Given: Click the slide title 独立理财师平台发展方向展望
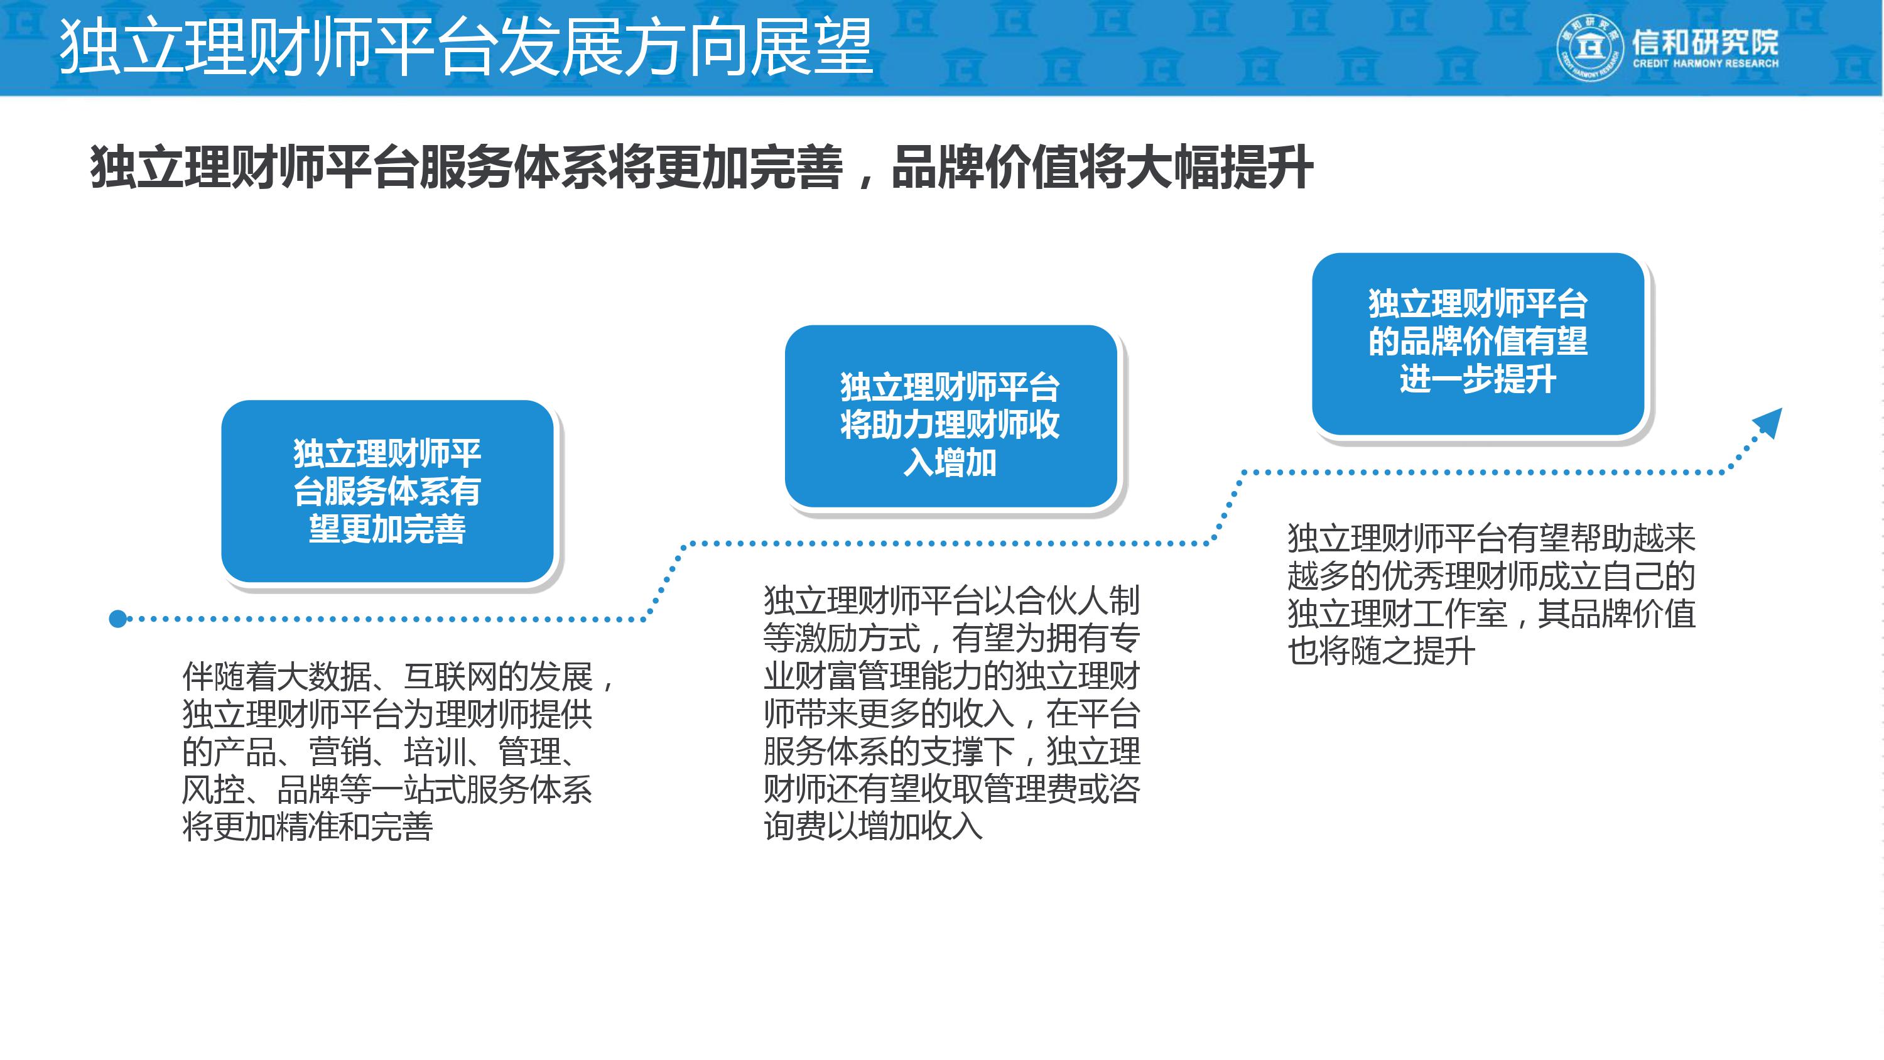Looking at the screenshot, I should tap(465, 47).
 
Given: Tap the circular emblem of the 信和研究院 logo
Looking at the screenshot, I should tap(1590, 48).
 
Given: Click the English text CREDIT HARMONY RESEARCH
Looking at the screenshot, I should tap(1706, 63).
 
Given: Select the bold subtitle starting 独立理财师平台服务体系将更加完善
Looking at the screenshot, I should tap(701, 168).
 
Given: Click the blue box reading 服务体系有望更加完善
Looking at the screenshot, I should tap(387, 491).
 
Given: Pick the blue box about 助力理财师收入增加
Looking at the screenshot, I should tap(950, 416).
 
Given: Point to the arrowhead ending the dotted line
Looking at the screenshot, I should tap(1769, 423).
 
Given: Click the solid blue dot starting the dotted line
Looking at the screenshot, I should tap(118, 619).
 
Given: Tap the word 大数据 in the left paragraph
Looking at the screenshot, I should tap(324, 677).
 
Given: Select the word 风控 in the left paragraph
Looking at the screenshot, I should tap(213, 790).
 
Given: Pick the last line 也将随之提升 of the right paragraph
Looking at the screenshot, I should tap(1381, 651).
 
